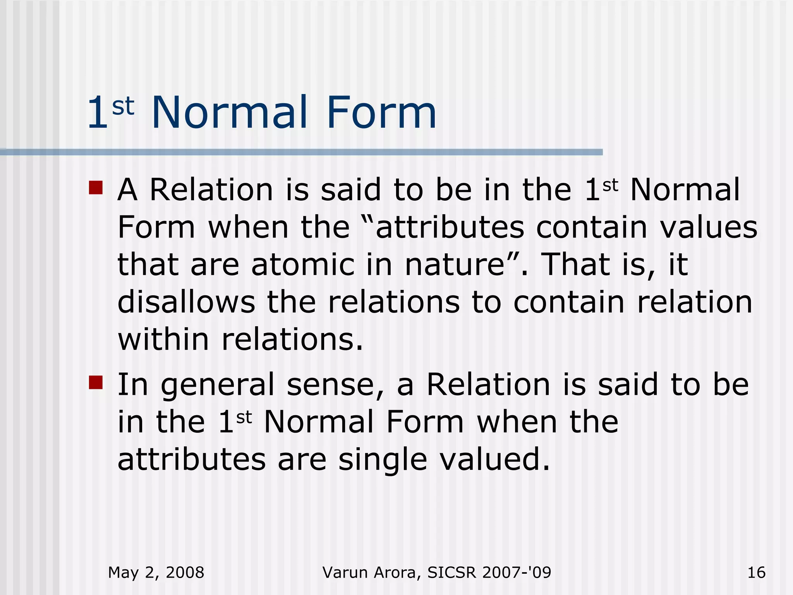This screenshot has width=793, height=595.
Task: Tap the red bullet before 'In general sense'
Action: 96,382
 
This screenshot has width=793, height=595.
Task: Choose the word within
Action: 163,339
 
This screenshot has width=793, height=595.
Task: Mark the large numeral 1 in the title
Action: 97,113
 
